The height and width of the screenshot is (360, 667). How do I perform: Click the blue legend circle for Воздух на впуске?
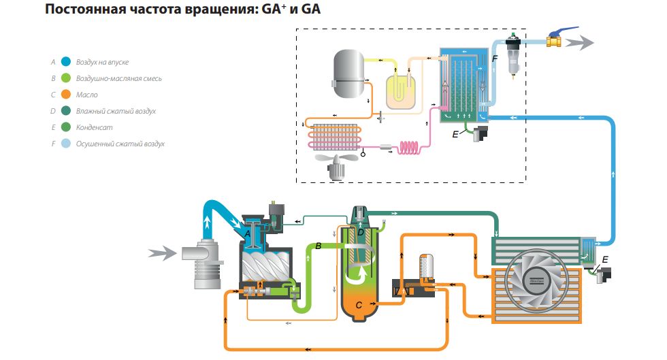coord(66,61)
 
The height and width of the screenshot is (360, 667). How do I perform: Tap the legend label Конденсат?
coord(97,127)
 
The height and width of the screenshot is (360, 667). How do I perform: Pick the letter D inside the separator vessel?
coord(361,232)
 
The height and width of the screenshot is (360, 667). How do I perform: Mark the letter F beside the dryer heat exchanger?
coord(494,60)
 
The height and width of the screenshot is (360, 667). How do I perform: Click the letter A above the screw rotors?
coord(249,233)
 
